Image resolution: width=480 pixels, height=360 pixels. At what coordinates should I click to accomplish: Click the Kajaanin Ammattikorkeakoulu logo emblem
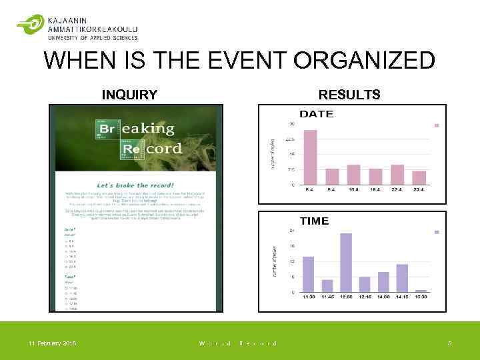pos(30,25)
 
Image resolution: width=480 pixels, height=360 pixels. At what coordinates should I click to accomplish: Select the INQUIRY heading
pos(129,95)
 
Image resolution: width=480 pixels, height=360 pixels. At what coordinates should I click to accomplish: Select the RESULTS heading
pos(349,95)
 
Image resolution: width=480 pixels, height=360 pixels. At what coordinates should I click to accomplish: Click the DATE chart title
pos(316,114)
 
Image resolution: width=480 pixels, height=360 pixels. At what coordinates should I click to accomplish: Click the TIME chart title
pos(314,221)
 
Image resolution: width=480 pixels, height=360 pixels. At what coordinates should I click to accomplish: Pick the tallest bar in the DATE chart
pos(311,157)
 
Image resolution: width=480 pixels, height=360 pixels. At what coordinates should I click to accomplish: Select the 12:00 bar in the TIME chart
pos(345,263)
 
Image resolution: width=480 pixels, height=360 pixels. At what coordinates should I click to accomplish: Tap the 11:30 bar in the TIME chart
pos(308,274)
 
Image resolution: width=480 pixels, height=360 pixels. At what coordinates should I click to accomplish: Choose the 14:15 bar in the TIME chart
pos(402,278)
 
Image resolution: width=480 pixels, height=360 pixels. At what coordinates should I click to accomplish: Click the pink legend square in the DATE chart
pos(437,125)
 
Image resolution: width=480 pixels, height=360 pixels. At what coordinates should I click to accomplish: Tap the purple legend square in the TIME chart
pos(437,232)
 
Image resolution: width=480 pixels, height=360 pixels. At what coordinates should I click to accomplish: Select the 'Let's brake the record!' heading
pos(135,185)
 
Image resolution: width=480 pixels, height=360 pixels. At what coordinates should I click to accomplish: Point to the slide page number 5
pos(449,343)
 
